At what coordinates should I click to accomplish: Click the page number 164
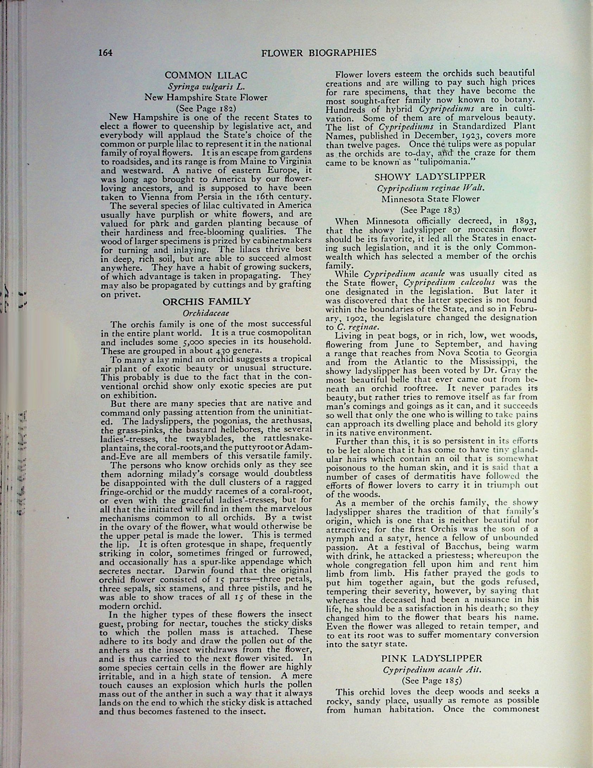[105, 53]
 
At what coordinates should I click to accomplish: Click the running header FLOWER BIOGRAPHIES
[319, 53]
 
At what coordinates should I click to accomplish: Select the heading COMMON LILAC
[206, 75]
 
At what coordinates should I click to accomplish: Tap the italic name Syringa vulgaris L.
[206, 87]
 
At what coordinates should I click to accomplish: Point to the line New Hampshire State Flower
[206, 97]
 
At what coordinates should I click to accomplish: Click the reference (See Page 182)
[206, 108]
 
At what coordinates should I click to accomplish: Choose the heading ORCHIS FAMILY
[207, 301]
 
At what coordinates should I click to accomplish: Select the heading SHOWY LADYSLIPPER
[430, 177]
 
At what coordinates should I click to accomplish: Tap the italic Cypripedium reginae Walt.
[430, 188]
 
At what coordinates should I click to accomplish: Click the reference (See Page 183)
[430, 210]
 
